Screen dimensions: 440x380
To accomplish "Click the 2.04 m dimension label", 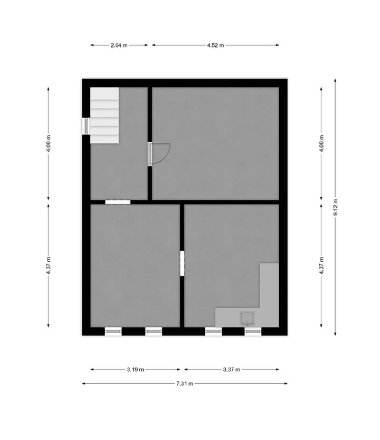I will [119, 45].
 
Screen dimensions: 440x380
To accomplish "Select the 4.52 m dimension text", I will [215, 45].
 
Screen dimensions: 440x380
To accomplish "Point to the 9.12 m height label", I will [336, 206].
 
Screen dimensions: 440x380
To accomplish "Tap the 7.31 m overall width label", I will [184, 383].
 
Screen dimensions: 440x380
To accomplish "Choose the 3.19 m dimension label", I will [135, 370].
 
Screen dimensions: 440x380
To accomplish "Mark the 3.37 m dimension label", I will [231, 370].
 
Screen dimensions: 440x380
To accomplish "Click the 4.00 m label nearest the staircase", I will [48, 144].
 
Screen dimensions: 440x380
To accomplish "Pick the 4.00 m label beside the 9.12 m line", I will [321, 144].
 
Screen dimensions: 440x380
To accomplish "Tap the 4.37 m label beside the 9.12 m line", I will [321, 264].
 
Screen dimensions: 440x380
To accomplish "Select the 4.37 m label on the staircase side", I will [48, 264].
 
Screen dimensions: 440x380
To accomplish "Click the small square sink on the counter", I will [247, 318].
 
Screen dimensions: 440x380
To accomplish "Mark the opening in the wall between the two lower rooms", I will [182, 263].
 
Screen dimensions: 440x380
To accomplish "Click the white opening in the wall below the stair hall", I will [117, 201].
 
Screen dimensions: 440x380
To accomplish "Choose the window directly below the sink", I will [253, 332].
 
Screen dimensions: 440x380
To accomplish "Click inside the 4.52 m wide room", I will [215, 143].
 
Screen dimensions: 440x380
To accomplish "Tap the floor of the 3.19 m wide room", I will [135, 264].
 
